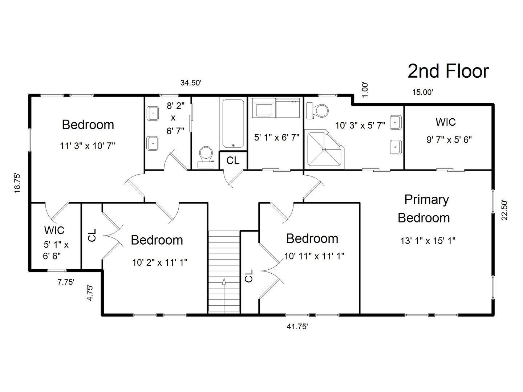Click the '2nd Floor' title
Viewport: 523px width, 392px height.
click(448, 71)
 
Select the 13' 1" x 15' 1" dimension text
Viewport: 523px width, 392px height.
click(428, 241)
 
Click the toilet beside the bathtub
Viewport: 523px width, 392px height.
click(206, 156)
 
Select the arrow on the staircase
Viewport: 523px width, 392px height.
click(224, 282)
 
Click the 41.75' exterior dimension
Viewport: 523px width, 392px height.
click(297, 327)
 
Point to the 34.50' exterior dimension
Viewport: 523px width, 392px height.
click(191, 83)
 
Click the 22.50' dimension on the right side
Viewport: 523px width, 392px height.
click(504, 210)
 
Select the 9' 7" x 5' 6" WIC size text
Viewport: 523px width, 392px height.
click(449, 139)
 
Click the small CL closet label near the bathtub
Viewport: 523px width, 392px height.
click(233, 160)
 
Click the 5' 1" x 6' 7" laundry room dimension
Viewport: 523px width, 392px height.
click(276, 138)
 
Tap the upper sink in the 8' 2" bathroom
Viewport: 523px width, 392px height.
click(153, 114)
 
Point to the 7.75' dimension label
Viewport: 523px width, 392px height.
click(66, 282)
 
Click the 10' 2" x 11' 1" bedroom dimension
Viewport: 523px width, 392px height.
click(159, 262)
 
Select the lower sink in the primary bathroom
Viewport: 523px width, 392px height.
click(395, 147)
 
